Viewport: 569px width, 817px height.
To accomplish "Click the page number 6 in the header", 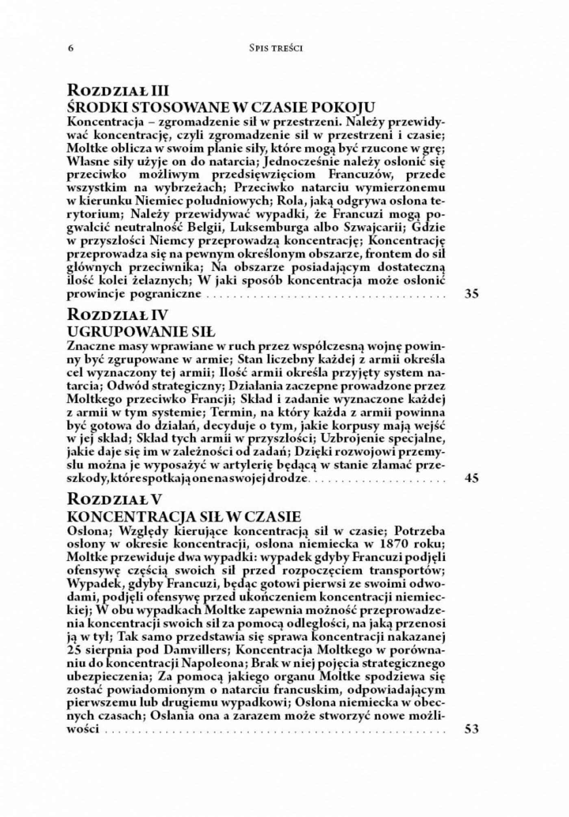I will pyautogui.click(x=71, y=48).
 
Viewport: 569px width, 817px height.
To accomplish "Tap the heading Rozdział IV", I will pyautogui.click(x=115, y=314).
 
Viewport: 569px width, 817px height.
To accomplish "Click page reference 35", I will pyautogui.click(x=471, y=294).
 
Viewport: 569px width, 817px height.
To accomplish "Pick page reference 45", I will pyautogui.click(x=471, y=478).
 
